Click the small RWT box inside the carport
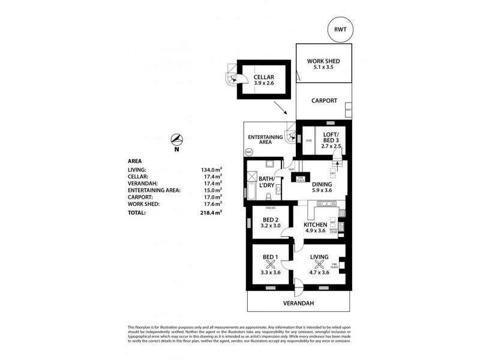coord(348,110)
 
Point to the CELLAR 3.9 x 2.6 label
coord(263,81)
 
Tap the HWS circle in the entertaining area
coord(250,153)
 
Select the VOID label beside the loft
coord(308,141)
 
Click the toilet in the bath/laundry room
coord(278,187)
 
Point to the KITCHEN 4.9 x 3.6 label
coord(315,227)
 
